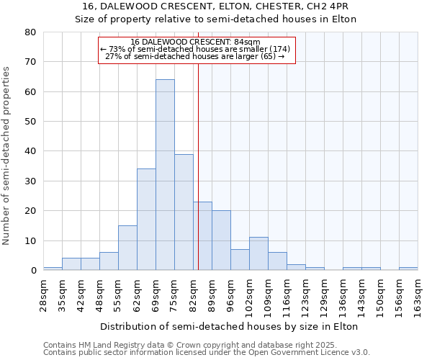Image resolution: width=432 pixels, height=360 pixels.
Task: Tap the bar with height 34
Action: [x=146, y=220]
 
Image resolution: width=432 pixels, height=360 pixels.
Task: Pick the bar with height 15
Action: [x=127, y=248]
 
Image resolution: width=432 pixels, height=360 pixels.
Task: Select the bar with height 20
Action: [x=221, y=240]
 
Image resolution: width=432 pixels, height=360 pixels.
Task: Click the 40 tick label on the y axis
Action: [x=30, y=151]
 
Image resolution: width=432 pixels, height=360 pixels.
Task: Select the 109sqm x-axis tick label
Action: [x=269, y=295]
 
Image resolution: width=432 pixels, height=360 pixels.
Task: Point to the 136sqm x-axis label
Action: [x=343, y=295]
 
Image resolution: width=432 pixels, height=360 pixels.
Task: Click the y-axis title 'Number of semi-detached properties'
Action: [x=7, y=156]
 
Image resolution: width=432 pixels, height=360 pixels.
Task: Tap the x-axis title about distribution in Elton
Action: [x=229, y=326]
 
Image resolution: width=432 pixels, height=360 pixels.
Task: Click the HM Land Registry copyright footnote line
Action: [x=206, y=345]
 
